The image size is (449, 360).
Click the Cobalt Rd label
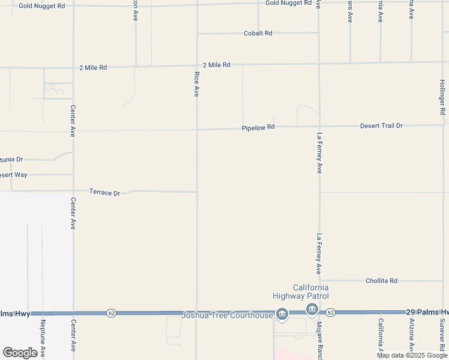(258, 34)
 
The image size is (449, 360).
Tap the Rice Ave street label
(196, 84)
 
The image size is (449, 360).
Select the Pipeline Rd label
(258, 127)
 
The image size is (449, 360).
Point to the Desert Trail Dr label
(381, 126)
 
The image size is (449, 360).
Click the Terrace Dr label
(104, 193)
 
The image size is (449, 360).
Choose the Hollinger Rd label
(442, 96)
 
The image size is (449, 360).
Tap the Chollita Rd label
(381, 281)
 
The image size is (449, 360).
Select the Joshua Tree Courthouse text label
(227, 314)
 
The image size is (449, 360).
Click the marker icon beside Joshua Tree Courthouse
(282, 314)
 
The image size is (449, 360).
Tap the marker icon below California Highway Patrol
(311, 310)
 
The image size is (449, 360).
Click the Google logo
(20, 353)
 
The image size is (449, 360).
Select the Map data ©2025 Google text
(412, 355)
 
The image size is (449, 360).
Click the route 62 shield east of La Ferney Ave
(330, 313)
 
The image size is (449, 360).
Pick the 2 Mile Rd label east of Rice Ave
(217, 65)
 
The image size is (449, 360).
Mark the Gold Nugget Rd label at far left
(41, 5)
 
